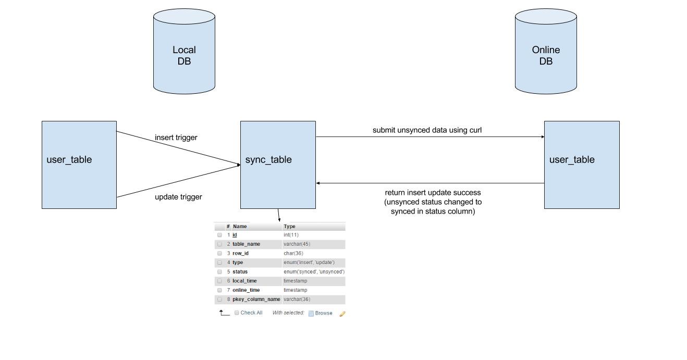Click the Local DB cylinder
coord(184,51)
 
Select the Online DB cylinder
coord(546,51)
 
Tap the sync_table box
coord(278,165)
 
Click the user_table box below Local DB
coord(79,165)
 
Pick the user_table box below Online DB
coord(582,165)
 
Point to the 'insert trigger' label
coord(176,138)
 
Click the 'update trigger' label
coord(178,197)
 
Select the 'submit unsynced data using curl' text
coord(427,130)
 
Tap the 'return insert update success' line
coord(433,193)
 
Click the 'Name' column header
coord(240,226)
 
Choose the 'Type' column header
coord(289,226)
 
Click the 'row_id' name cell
coord(240,253)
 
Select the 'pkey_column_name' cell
coord(256,299)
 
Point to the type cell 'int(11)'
coord(291,235)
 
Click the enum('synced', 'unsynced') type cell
coord(314,271)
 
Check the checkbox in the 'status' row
coord(219,271)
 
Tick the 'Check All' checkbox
coord(237,313)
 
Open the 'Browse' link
coord(324,313)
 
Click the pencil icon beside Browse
coord(342,314)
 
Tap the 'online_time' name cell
coord(246,290)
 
